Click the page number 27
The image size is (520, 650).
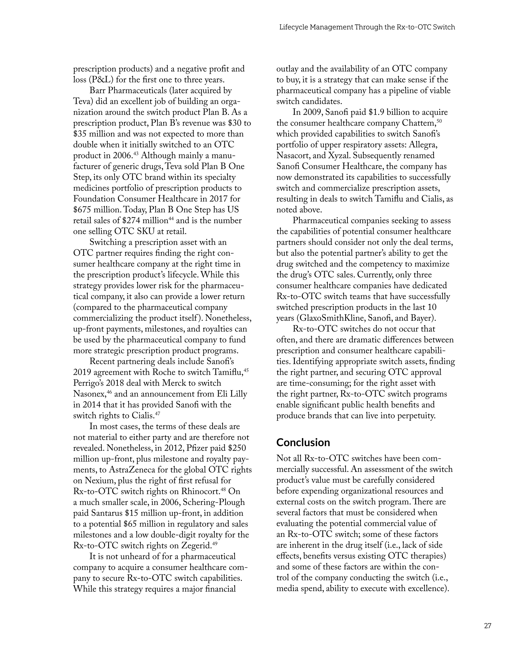(487, 626)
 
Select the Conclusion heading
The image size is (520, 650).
(303, 442)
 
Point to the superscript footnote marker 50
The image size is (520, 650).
(439, 120)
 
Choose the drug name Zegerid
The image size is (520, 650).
(196, 546)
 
